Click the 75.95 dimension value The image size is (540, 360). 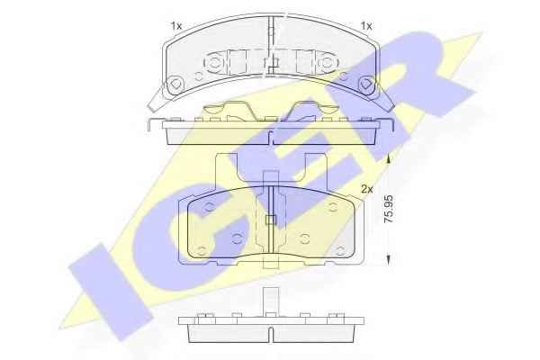tap(389, 209)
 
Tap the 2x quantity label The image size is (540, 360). tap(367, 189)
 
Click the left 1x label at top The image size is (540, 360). tap(176, 26)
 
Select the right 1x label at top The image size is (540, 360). tap(366, 26)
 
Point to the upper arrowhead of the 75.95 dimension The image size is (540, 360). tap(389, 158)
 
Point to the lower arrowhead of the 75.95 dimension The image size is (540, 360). tap(389, 259)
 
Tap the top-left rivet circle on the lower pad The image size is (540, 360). tap(209, 207)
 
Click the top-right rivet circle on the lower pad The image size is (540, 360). tap(332, 207)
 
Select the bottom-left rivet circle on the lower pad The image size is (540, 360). tap(202, 250)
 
